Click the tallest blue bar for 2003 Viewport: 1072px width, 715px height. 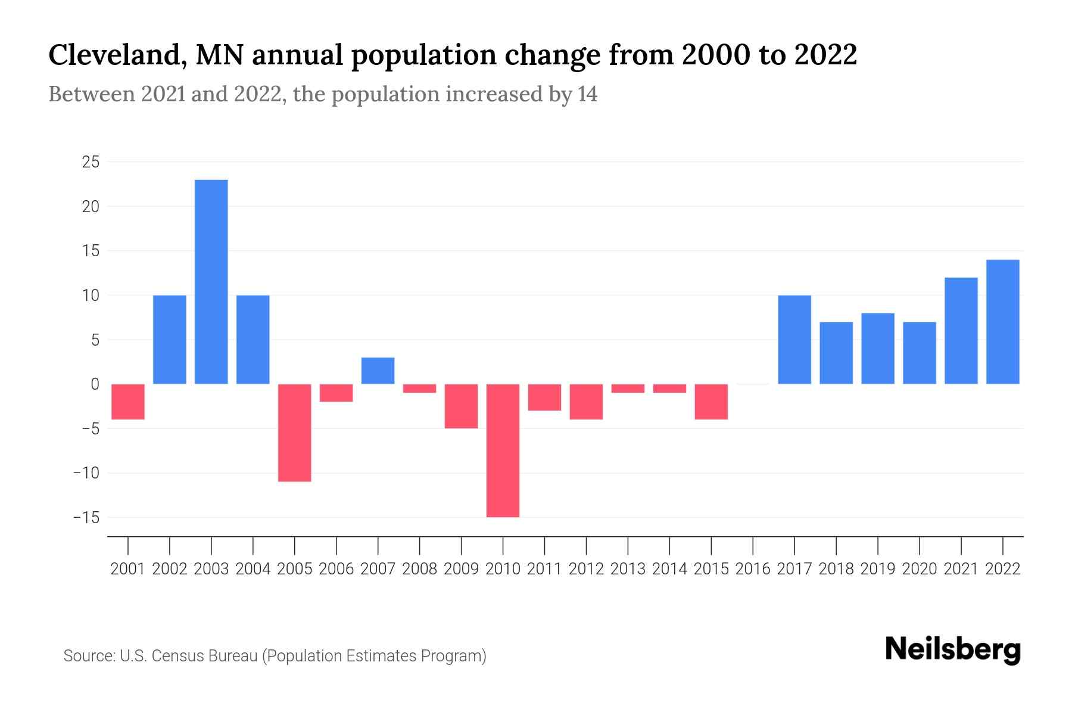tap(211, 282)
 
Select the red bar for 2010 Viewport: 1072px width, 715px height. tap(503, 450)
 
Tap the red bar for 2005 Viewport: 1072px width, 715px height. tap(295, 433)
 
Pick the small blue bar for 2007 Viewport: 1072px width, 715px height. tap(378, 371)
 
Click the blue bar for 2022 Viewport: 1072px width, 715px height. tap(1003, 322)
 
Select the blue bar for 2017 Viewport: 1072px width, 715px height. tap(794, 340)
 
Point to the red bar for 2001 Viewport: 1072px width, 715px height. tap(128, 402)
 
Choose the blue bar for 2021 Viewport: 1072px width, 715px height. tap(961, 331)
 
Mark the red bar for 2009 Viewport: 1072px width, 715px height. tap(462, 406)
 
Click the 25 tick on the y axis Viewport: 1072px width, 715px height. tap(91, 162)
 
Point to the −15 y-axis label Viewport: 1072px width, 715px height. tap(86, 518)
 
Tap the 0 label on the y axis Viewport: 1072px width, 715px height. tap(95, 384)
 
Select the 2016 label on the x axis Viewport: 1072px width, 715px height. tap(753, 569)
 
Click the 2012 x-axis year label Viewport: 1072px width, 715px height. tap(586, 569)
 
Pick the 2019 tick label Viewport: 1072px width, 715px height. tap(878, 569)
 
